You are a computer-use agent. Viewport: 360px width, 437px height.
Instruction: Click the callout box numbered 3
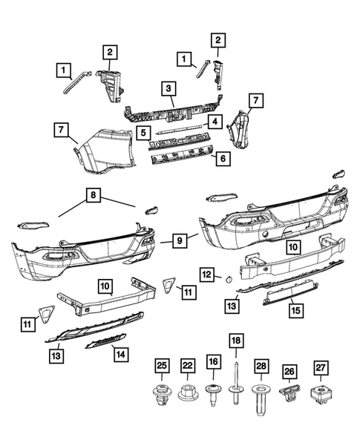170,88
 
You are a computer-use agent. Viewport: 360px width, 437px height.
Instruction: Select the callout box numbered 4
214,120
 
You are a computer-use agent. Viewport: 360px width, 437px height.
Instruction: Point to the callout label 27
321,367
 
